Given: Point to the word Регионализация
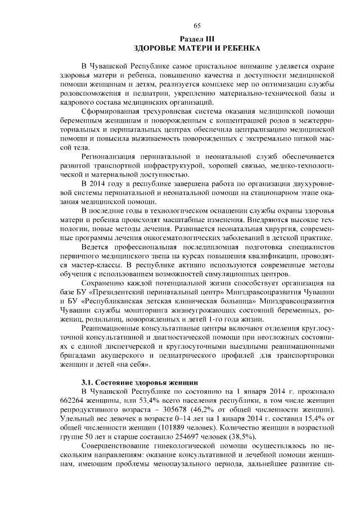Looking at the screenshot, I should coord(110,156).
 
